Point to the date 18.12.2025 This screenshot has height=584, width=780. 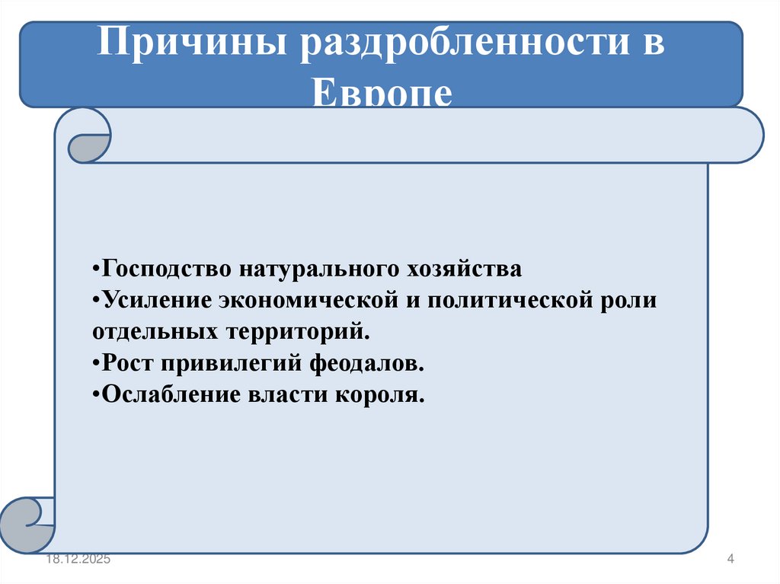coord(77,560)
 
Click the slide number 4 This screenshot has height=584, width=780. coord(730,560)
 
